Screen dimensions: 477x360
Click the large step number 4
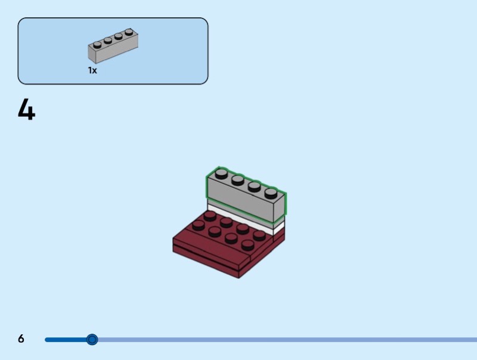pos(26,110)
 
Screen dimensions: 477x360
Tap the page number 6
pos(21,339)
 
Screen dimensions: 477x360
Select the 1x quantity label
pos(92,70)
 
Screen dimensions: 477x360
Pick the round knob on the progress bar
pos(92,340)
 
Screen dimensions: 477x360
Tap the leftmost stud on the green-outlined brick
pos(221,173)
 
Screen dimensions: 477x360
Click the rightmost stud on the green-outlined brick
pos(271,192)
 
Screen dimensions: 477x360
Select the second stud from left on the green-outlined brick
pos(238,179)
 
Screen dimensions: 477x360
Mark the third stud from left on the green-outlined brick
pos(255,186)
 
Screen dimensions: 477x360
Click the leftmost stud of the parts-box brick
pos(97,44)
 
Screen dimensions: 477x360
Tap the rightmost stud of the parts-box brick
pos(129,32)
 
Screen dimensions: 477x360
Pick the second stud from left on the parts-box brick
pos(108,40)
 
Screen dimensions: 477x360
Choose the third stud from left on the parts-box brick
pos(119,36)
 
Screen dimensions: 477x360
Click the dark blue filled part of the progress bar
pos(66,340)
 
